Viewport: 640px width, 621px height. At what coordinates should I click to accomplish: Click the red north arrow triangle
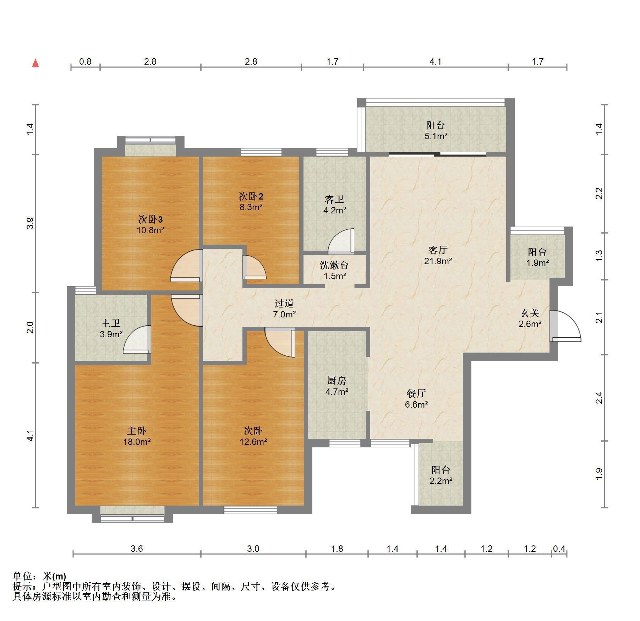coord(35,64)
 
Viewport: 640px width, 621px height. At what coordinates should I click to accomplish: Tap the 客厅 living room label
coord(438,250)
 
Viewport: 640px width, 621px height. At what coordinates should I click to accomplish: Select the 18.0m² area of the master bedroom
coord(137,442)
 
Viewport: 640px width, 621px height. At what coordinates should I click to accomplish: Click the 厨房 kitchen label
coord(337,381)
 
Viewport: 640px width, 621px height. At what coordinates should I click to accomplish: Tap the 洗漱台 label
coord(334,265)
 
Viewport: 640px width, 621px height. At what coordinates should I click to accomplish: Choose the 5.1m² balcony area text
coord(436,136)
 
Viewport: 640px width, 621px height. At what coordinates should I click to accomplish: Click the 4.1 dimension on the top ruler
coord(435,62)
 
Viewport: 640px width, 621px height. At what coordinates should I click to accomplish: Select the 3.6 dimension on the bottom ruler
coord(137,549)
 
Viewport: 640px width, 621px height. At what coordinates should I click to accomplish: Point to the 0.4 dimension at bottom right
coord(559,549)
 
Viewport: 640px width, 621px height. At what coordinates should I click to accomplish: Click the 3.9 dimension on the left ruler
coord(31,223)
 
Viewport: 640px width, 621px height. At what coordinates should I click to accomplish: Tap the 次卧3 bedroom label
coord(151,219)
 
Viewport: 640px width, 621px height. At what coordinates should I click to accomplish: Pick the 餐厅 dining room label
coord(416,393)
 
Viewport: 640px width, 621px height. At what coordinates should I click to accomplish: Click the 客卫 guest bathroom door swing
coord(341,241)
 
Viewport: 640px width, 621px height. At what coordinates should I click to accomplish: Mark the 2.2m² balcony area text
coord(441,481)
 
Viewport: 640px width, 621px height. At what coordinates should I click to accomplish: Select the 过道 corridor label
coord(284,303)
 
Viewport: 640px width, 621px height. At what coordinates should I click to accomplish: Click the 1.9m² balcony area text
coord(537,263)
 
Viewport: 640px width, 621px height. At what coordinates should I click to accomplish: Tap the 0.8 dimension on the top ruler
coord(85,62)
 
